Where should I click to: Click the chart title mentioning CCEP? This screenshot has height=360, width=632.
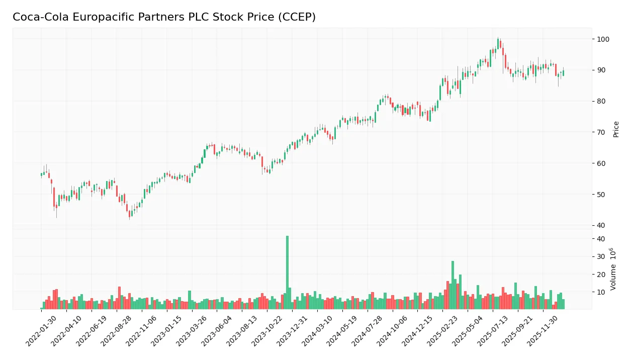tap(164, 17)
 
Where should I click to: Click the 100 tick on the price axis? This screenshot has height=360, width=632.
tap(604, 39)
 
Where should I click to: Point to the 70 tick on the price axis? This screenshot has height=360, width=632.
tap(602, 132)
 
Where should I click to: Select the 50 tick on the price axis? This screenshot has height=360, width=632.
tap(602, 195)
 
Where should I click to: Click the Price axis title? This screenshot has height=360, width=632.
tap(616, 129)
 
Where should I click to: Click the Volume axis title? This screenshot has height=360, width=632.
tap(614, 269)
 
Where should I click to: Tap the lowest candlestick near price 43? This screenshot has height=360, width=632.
tap(129, 213)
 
